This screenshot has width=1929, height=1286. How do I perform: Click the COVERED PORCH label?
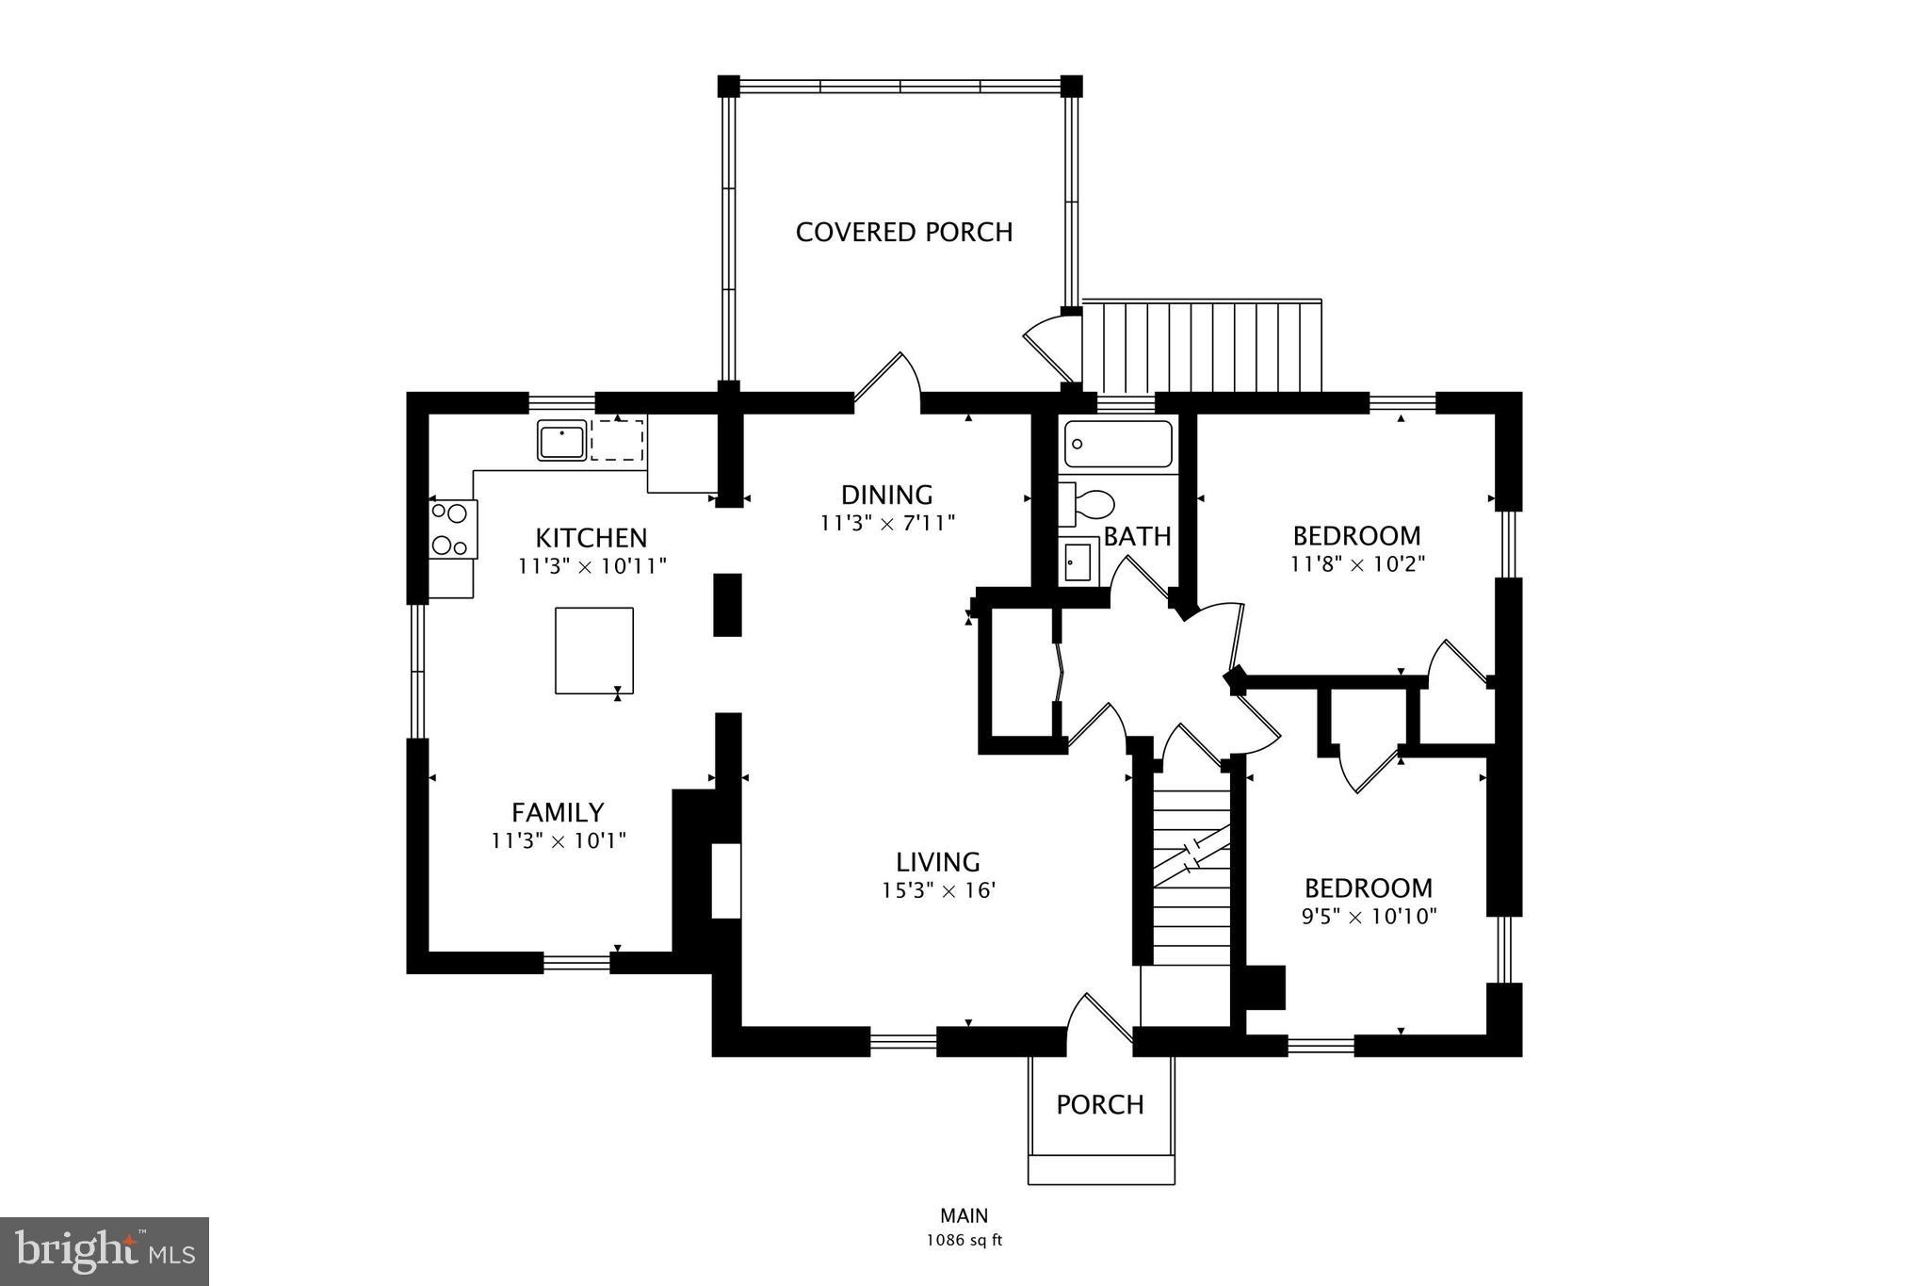click(x=903, y=232)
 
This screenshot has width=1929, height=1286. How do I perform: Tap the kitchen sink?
click(x=561, y=441)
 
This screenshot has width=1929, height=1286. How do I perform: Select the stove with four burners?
click(x=452, y=529)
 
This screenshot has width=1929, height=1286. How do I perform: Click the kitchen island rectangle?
click(x=593, y=651)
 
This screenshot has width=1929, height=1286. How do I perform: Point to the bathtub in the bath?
click(x=1118, y=445)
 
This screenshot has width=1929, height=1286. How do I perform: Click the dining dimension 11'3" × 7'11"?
click(x=887, y=523)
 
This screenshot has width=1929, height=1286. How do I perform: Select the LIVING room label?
click(x=937, y=862)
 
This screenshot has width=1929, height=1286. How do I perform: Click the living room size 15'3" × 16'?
click(x=938, y=890)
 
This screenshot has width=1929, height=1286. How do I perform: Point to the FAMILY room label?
click(x=558, y=812)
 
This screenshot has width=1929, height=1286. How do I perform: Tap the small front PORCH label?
click(x=1099, y=1104)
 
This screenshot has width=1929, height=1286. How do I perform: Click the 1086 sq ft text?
click(x=964, y=1241)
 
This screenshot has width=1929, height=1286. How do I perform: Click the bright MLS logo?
click(x=105, y=1251)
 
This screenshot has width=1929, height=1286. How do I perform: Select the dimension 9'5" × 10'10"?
click(x=1369, y=917)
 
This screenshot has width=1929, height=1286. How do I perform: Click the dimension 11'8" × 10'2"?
click(x=1357, y=564)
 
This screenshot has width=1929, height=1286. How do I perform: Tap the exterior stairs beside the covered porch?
click(x=1202, y=346)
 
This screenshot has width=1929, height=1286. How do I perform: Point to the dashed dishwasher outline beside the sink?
click(x=617, y=441)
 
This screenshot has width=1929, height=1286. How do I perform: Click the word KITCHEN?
click(x=592, y=538)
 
